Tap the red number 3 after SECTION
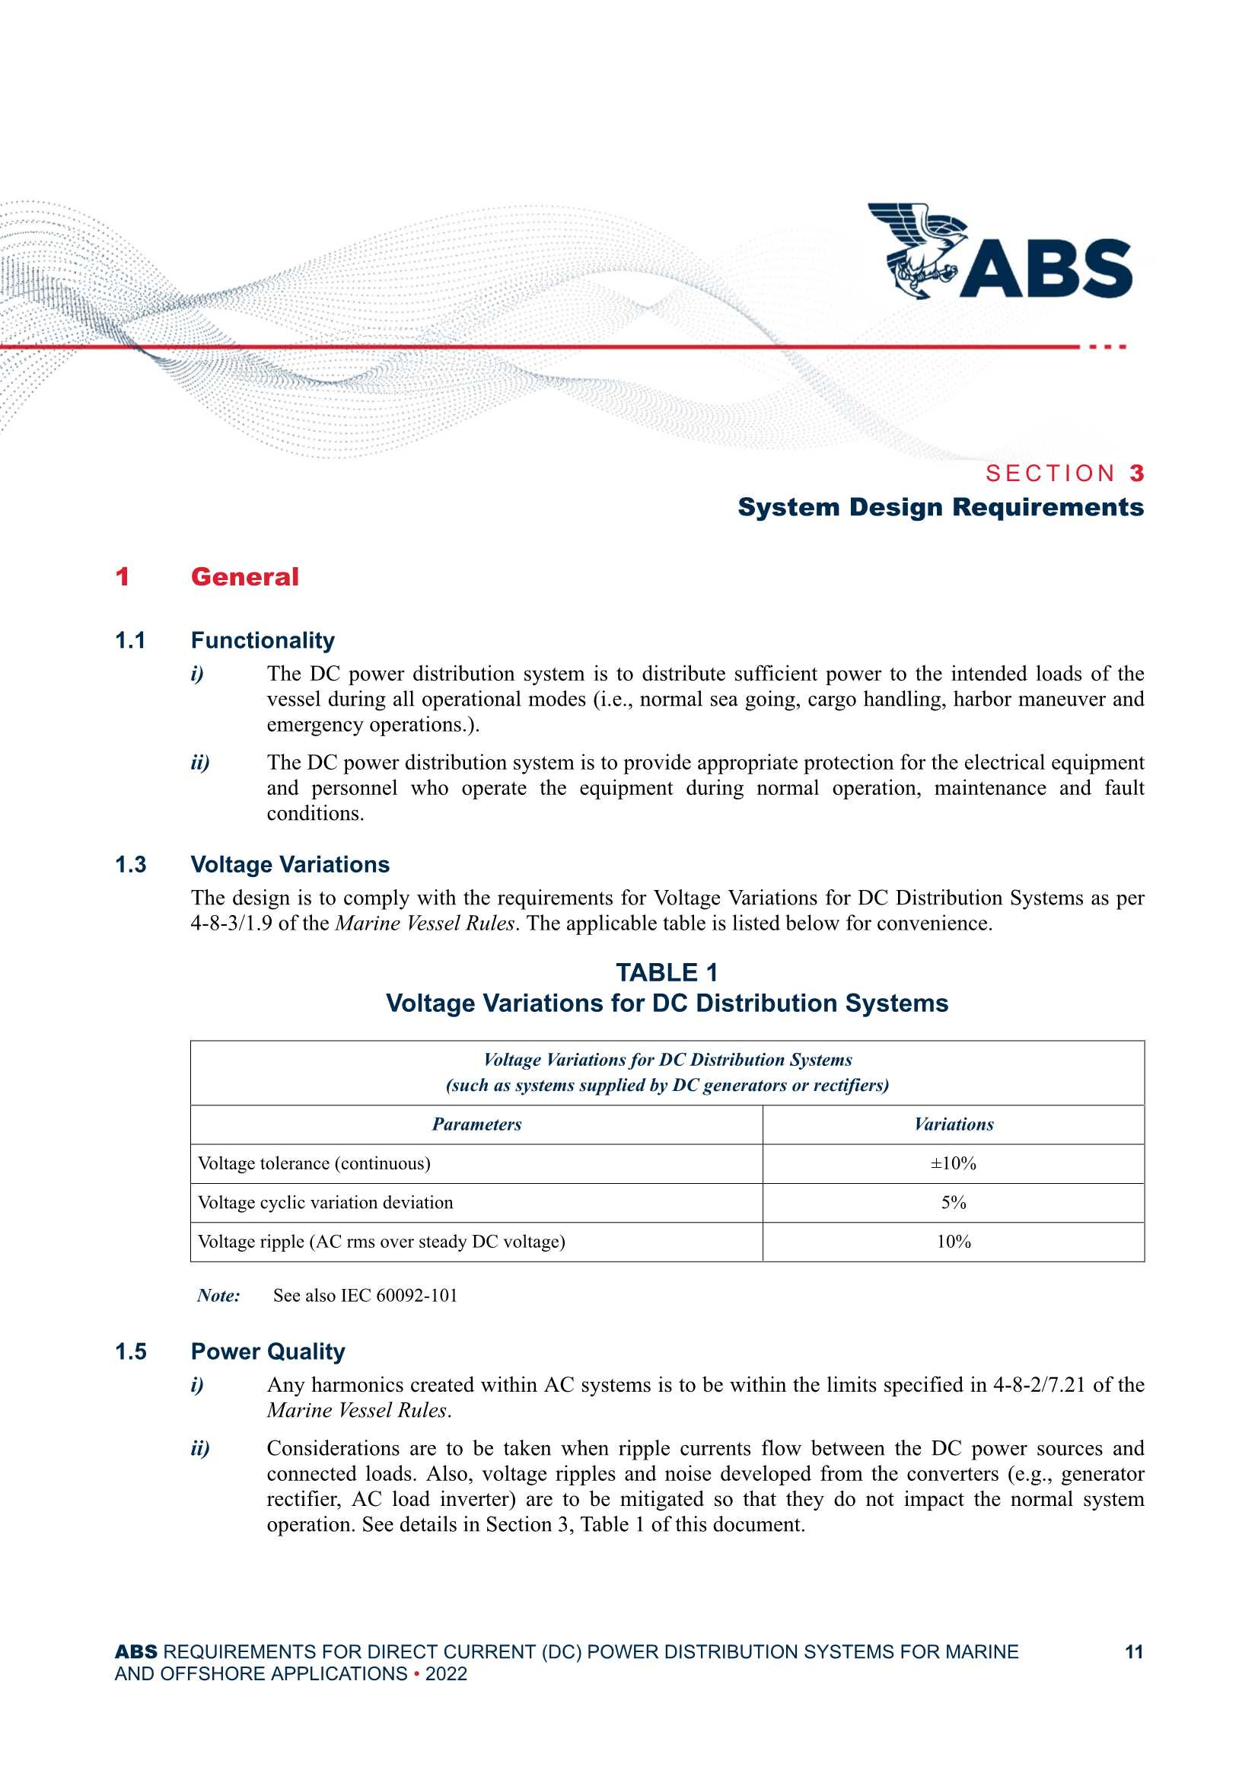pyautogui.click(x=1135, y=473)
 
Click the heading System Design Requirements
pyautogui.click(x=940, y=507)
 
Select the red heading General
pyautogui.click(x=244, y=577)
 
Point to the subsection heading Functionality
pyautogui.click(x=263, y=640)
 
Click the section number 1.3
pyautogui.click(x=130, y=864)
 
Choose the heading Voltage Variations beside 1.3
pyautogui.click(x=290, y=864)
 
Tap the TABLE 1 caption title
pyautogui.click(x=667, y=972)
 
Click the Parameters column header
pyautogui.click(x=476, y=1124)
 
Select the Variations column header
pyautogui.click(x=954, y=1124)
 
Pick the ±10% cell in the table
pyautogui.click(x=954, y=1163)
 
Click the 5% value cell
pyautogui.click(x=954, y=1202)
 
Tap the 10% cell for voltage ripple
pyautogui.click(x=954, y=1241)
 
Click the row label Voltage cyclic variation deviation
pyautogui.click(x=326, y=1202)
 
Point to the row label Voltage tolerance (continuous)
pyautogui.click(x=314, y=1163)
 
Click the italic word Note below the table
pyautogui.click(x=218, y=1296)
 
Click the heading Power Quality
pyautogui.click(x=267, y=1351)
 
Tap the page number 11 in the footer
pyautogui.click(x=1134, y=1651)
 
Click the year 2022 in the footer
pyautogui.click(x=446, y=1673)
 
